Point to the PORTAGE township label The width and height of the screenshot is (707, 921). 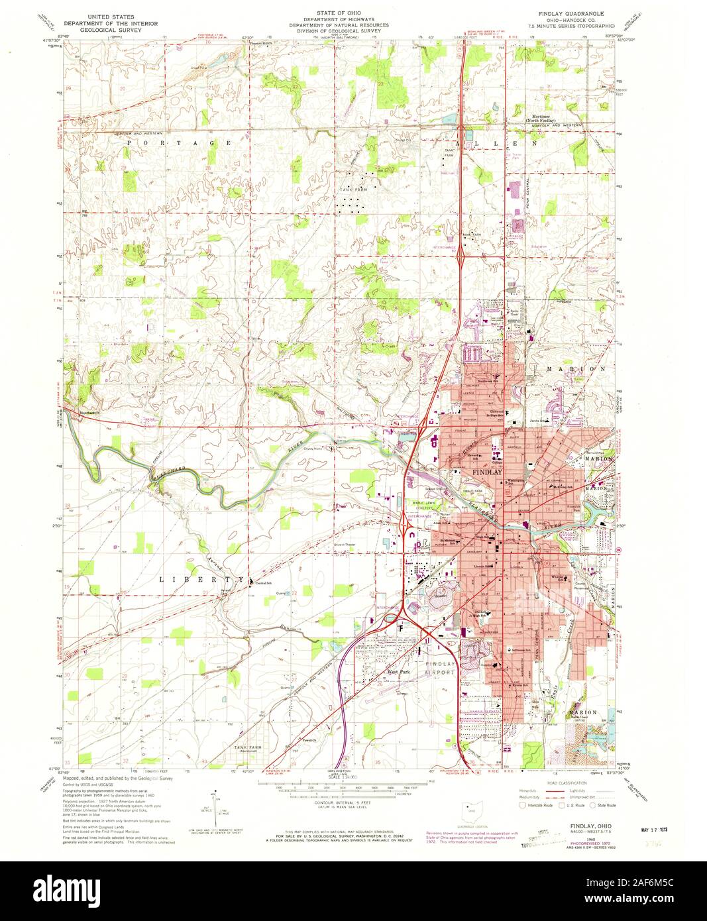[x=178, y=143]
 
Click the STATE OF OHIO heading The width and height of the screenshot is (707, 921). [x=347, y=13]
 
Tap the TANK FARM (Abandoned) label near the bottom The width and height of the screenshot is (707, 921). [x=248, y=749]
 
